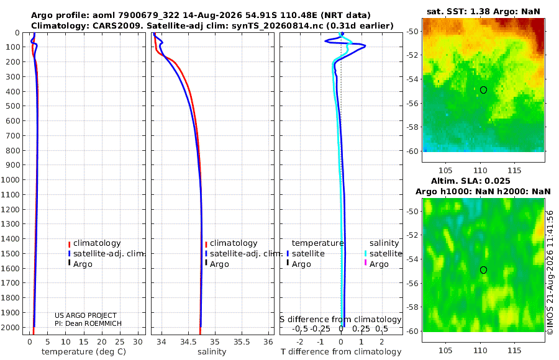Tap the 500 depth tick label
coord(12,106)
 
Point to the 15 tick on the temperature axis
coord(83,342)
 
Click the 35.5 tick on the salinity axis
coord(242,342)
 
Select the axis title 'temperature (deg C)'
coord(84,352)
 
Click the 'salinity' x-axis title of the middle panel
coord(212,352)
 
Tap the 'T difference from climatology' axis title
coord(341,352)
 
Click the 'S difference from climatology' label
coord(340,320)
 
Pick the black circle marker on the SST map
coord(483,90)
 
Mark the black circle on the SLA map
coord(483,270)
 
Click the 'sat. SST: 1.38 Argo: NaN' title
coord(483,11)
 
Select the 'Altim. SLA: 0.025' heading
coord(471,181)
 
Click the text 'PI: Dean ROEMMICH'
coord(88,323)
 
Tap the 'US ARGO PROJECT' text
coord(86,315)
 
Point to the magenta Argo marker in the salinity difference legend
coord(365,263)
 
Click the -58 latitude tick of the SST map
coord(413,127)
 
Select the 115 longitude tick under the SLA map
coord(514,350)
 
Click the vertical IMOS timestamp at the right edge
coord(550,272)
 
